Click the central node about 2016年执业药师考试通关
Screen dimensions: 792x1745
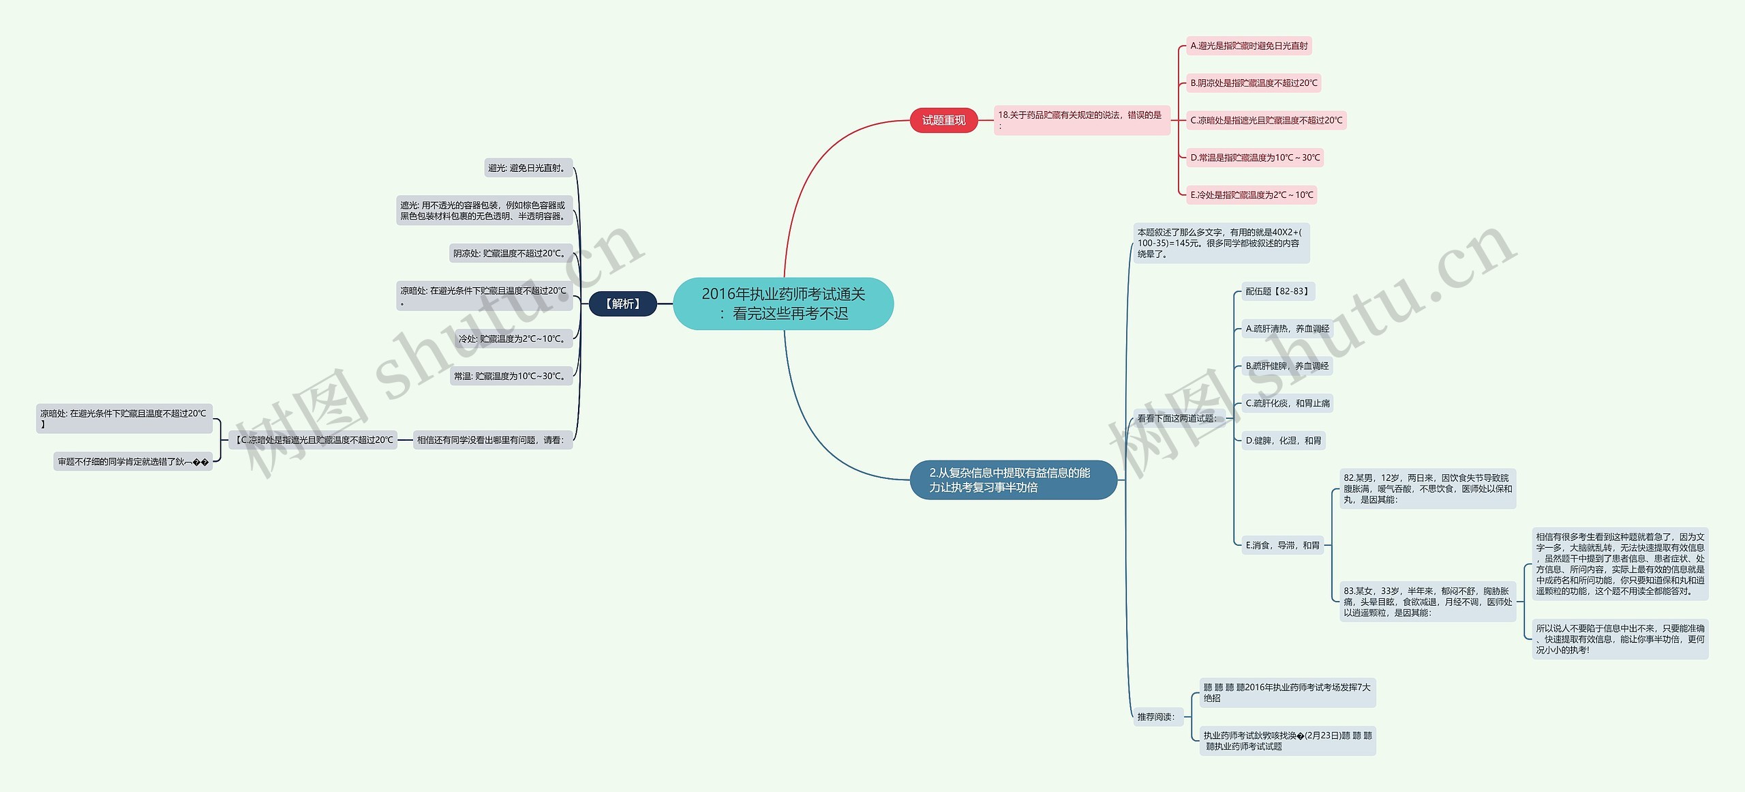point(783,304)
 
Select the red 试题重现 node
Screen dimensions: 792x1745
point(943,121)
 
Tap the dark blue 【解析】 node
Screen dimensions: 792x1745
point(622,304)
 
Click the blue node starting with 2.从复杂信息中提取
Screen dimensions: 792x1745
point(1013,480)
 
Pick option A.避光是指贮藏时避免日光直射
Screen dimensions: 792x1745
point(1249,46)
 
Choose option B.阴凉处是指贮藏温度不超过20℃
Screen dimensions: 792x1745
point(1254,83)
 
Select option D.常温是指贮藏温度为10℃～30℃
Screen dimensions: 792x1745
point(1255,158)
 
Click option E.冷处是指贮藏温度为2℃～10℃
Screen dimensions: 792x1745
point(1251,195)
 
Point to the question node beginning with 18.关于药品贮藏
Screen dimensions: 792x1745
point(1082,120)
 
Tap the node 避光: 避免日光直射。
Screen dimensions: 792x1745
point(528,168)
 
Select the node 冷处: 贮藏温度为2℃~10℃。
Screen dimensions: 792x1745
point(513,338)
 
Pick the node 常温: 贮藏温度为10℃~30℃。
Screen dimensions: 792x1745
point(511,376)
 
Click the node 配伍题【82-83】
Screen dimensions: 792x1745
point(1277,291)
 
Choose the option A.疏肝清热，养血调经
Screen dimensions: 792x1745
point(1287,329)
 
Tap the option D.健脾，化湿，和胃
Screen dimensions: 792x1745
point(1283,441)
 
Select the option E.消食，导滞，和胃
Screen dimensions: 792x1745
point(1282,545)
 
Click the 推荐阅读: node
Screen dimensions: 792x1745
point(1157,717)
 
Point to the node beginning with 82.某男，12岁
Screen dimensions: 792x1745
point(1427,488)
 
